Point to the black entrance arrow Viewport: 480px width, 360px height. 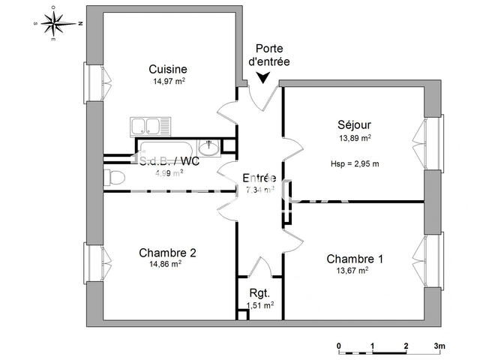coord(264,77)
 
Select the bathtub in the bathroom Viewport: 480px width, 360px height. coord(168,147)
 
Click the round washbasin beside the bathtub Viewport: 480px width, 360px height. coord(211,147)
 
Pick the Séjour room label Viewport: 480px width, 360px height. coord(354,124)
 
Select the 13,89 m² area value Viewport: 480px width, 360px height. coord(355,138)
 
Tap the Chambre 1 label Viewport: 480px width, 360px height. coord(355,259)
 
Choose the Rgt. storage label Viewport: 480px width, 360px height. coord(260,292)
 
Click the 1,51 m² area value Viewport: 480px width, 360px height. coord(260,305)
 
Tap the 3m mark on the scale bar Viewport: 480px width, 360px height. coord(439,346)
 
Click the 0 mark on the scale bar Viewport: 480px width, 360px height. coord(339,346)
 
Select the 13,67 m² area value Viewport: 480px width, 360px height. coord(353,271)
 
